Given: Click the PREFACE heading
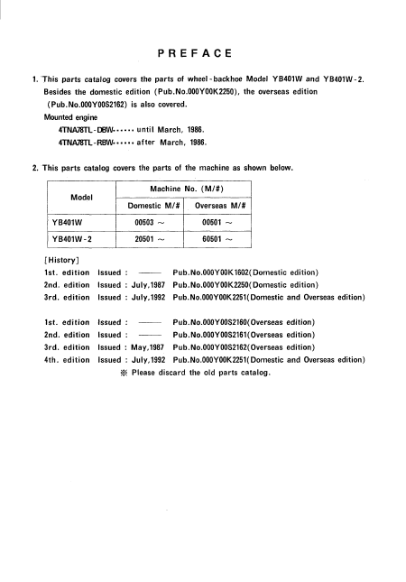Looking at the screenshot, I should click(202, 53).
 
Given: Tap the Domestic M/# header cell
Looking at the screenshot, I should click(151, 205).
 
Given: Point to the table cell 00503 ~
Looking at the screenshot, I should click(151, 222).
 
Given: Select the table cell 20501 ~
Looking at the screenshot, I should click(151, 239).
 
